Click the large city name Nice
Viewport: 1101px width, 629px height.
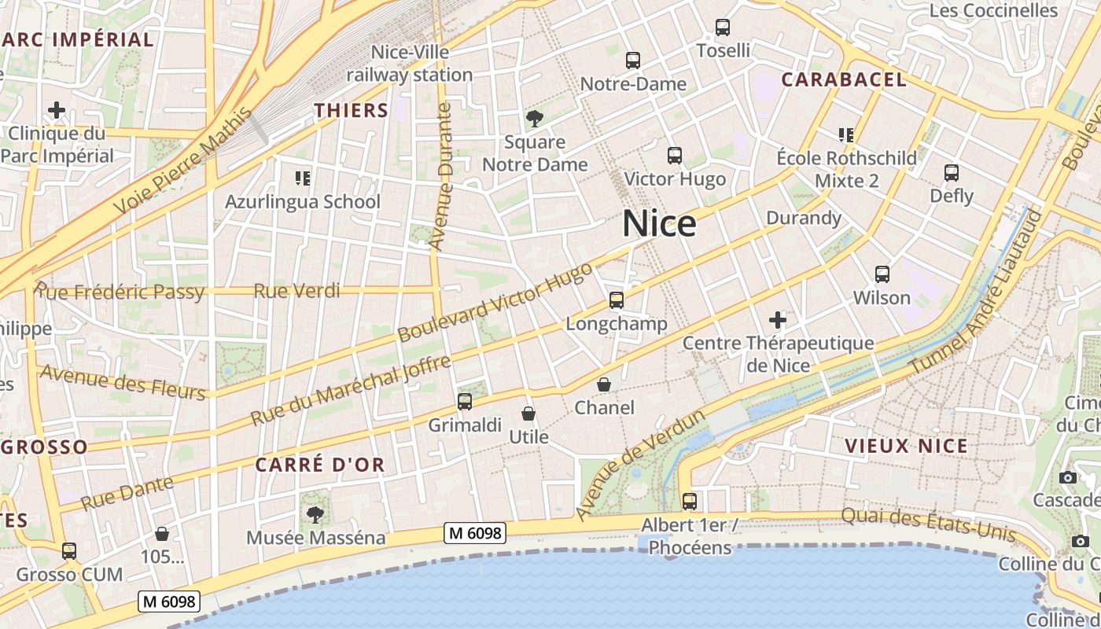pos(659,224)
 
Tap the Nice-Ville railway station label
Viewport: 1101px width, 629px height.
pos(410,64)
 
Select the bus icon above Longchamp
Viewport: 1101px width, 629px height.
pos(617,300)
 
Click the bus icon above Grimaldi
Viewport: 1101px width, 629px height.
pos(465,402)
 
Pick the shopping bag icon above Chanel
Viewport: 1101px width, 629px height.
pos(604,384)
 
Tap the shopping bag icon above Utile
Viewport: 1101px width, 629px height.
pos(528,414)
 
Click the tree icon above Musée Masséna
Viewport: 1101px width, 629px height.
pos(315,515)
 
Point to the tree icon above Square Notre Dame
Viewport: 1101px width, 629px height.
pos(535,119)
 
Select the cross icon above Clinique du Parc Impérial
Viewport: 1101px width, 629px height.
pos(57,110)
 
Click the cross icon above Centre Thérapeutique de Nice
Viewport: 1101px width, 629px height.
pos(778,320)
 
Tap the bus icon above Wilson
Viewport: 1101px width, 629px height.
pos(882,274)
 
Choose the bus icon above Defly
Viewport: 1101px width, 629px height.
pos(952,172)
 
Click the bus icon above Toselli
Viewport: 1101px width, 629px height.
pos(723,28)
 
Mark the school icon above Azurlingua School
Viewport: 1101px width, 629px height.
pos(302,178)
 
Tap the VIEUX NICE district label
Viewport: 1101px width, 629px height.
pos(906,446)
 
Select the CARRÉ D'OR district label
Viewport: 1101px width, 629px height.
pos(320,465)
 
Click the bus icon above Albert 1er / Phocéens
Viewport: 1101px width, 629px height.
pos(690,501)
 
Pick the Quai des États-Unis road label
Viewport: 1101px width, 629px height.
pos(928,526)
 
